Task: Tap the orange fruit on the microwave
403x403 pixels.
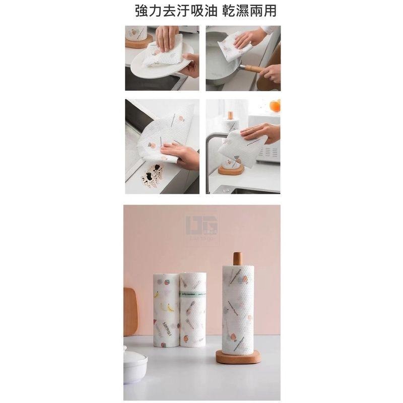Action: point(275,106)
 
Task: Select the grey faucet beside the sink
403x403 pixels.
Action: point(211,151)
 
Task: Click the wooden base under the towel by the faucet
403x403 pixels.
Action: point(231,169)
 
